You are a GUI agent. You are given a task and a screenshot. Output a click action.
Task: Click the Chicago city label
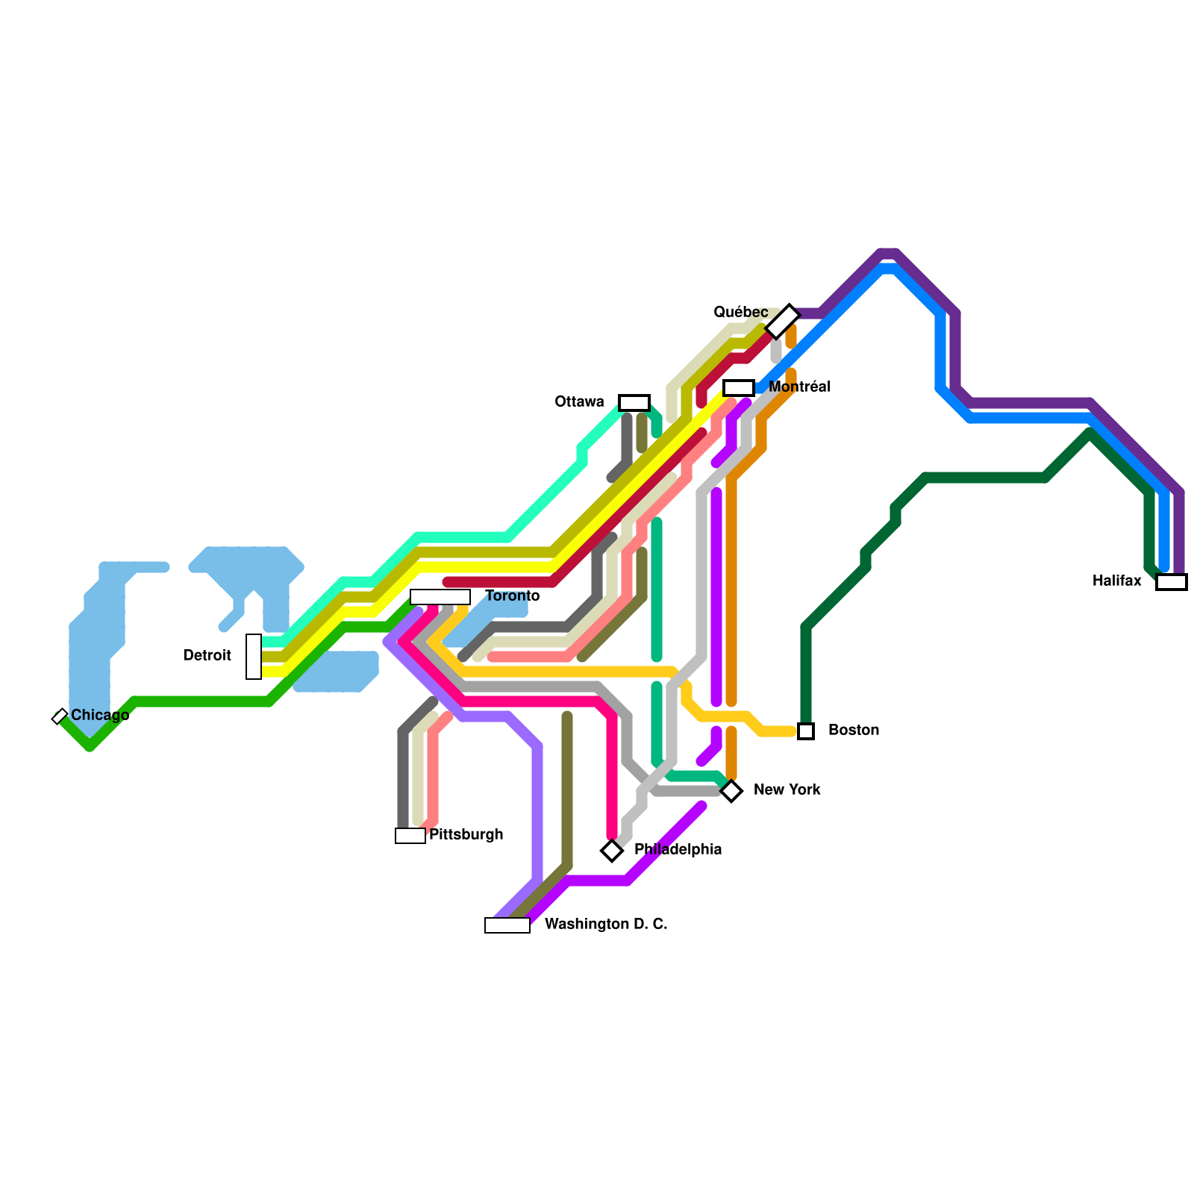point(100,716)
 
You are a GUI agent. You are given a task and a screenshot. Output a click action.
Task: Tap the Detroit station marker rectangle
point(254,657)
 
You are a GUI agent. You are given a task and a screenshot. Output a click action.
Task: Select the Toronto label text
point(512,596)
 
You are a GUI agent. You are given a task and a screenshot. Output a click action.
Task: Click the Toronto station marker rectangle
point(440,597)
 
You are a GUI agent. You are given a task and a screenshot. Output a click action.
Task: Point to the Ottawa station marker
point(634,403)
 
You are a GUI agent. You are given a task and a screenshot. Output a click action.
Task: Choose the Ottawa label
point(579,402)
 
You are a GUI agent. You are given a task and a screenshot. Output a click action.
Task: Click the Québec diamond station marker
point(783,322)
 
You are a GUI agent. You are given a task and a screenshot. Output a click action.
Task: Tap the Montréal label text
point(799,387)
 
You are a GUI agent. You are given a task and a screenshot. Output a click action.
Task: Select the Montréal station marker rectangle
point(739,388)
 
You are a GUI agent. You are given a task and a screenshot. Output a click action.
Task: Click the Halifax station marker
point(1172,582)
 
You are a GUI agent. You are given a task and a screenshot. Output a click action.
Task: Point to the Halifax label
point(1116,581)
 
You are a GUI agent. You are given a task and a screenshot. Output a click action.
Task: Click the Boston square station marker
point(806,731)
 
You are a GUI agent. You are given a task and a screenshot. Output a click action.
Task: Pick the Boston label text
point(854,731)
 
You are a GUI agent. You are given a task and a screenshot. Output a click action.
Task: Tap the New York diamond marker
point(731,791)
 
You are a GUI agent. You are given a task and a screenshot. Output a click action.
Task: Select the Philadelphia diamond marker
point(612,851)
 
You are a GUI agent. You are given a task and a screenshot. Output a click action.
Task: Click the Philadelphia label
point(678,850)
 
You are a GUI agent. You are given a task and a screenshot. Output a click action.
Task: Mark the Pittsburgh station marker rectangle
point(410,836)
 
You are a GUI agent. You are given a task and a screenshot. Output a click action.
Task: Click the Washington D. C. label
point(606,925)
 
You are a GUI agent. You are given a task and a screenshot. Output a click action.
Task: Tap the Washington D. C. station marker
point(507,925)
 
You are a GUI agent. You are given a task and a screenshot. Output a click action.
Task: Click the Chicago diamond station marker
point(60,716)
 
